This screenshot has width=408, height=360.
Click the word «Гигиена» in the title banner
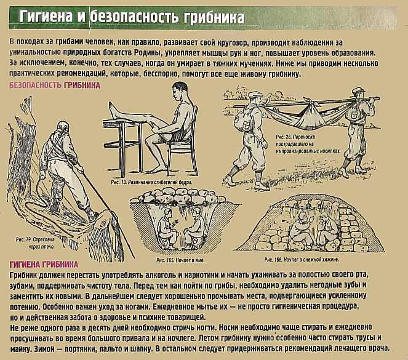tap(46, 17)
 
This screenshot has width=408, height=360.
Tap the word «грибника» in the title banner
tap(214, 18)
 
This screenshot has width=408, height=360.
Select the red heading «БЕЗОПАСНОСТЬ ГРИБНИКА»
tap(55, 86)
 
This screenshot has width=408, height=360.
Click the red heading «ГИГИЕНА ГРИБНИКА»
tap(44, 265)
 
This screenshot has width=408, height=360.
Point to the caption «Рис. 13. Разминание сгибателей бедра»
tap(152, 182)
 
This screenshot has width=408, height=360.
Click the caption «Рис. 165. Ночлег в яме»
tap(180, 260)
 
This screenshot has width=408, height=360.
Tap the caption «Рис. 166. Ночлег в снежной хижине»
tap(302, 259)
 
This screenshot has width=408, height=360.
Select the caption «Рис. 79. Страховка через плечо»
tap(36, 243)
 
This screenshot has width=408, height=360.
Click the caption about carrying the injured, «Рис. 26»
tap(308, 144)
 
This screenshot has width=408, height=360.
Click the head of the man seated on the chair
tap(180, 91)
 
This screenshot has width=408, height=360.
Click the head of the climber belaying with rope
tap(63, 128)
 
